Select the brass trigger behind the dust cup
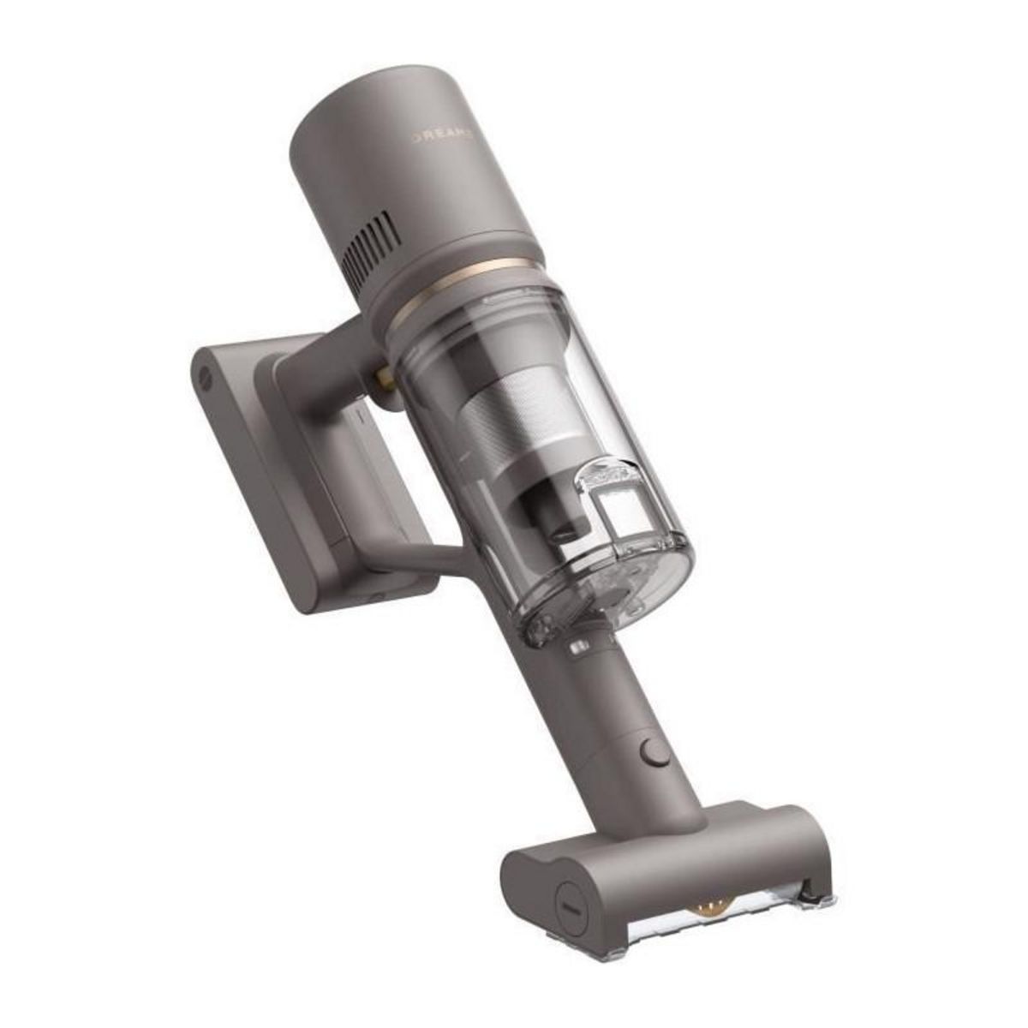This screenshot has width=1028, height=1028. click(x=380, y=377)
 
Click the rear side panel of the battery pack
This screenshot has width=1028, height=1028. click(x=248, y=480)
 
